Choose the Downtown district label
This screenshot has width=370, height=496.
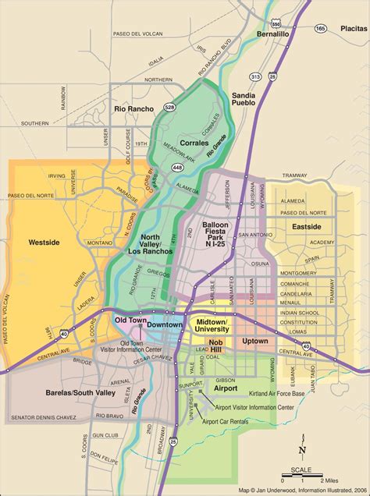[x=165, y=324]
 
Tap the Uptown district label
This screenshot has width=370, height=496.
[x=255, y=341]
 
